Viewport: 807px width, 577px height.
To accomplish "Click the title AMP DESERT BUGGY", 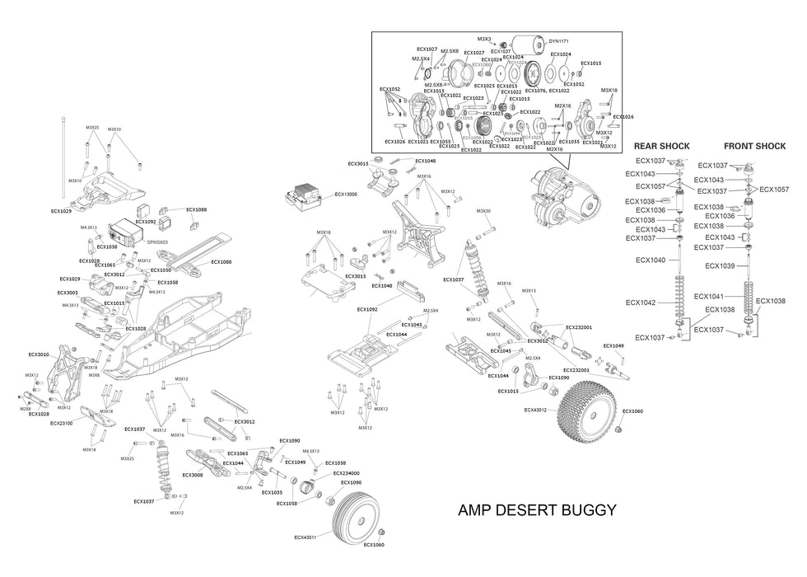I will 537,510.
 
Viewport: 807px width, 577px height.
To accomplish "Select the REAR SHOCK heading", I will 661,146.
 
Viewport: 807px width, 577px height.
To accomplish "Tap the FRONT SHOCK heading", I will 760,146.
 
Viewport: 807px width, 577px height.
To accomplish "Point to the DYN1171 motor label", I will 559,40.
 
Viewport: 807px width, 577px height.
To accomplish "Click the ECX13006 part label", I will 346,195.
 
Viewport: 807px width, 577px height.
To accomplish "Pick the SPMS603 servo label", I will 158,242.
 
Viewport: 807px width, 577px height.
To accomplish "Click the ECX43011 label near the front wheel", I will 306,537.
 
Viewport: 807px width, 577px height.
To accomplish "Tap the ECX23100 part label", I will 61,423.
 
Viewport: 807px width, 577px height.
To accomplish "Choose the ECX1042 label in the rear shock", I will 640,303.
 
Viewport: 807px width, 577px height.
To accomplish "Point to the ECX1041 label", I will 708,296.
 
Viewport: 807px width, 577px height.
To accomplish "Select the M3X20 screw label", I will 483,211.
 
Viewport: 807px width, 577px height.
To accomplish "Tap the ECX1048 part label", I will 425,161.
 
